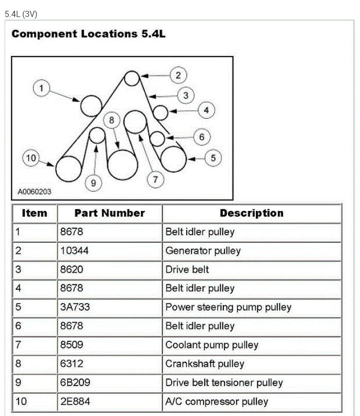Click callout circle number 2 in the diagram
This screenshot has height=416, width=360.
(178, 75)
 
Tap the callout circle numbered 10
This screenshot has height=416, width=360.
(31, 158)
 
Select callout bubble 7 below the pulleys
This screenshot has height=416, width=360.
(155, 179)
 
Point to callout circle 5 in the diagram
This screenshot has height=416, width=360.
(213, 158)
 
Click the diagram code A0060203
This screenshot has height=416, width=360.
(35, 192)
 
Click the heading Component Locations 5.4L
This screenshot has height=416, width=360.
(88, 34)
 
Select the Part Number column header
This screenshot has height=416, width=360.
(109, 213)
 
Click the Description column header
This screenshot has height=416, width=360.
(251, 213)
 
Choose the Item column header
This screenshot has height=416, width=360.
(35, 213)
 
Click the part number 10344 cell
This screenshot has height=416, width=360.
(74, 251)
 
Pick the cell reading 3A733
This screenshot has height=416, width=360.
(75, 307)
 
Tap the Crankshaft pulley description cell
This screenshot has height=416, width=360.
(204, 364)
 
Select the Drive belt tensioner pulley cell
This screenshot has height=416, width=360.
(224, 383)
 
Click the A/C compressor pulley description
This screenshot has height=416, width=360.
(217, 402)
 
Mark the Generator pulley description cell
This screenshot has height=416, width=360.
(203, 251)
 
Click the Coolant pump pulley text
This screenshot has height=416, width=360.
(211, 345)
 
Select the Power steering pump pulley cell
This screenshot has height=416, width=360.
(228, 307)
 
